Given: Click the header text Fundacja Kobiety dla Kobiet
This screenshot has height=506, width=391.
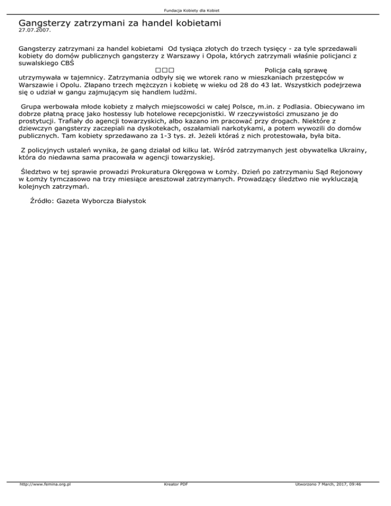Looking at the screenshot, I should pyautogui.click(x=195, y=10).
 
